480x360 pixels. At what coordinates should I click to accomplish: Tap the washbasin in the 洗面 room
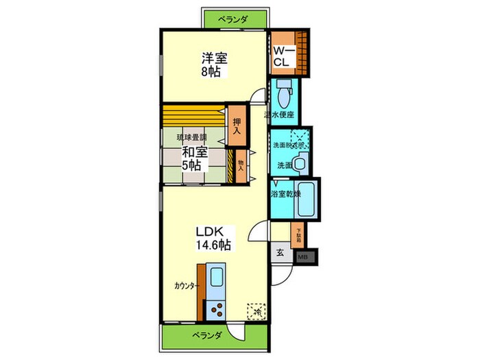299,165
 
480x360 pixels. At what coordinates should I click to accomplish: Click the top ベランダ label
233,20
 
